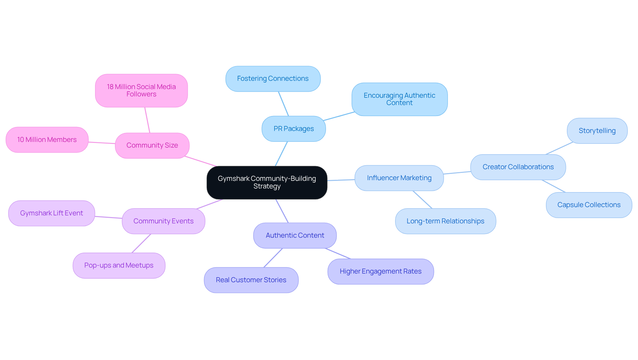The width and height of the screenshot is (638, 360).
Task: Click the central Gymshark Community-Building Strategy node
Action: (267, 182)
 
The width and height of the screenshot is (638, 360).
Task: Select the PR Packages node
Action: (293, 129)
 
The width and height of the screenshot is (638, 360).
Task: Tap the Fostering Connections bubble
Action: (273, 79)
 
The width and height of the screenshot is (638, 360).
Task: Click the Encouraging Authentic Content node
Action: (399, 99)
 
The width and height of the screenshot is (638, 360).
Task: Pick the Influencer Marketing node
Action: (399, 178)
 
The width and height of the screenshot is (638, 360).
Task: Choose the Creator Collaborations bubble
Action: (518, 167)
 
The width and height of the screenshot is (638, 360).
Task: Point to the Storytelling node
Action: (597, 131)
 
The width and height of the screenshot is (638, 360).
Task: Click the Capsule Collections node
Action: (588, 205)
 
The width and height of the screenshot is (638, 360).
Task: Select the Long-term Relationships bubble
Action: (445, 221)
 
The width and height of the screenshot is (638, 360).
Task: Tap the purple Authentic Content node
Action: (295, 235)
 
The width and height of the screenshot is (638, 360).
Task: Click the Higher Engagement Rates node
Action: (380, 271)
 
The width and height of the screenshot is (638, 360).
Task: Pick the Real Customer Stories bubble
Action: (251, 280)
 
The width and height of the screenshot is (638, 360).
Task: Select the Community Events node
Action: (163, 221)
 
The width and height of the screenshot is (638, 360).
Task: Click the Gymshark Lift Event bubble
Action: (52, 213)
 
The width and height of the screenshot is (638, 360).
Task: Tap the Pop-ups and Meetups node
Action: (119, 265)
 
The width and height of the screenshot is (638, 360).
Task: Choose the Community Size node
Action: (152, 145)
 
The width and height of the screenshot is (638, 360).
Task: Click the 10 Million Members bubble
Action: (47, 140)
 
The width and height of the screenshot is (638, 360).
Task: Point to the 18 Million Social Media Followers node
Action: (141, 90)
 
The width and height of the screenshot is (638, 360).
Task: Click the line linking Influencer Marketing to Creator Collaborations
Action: (457, 173)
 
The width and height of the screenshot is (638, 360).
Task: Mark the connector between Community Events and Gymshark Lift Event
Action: (108, 217)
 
